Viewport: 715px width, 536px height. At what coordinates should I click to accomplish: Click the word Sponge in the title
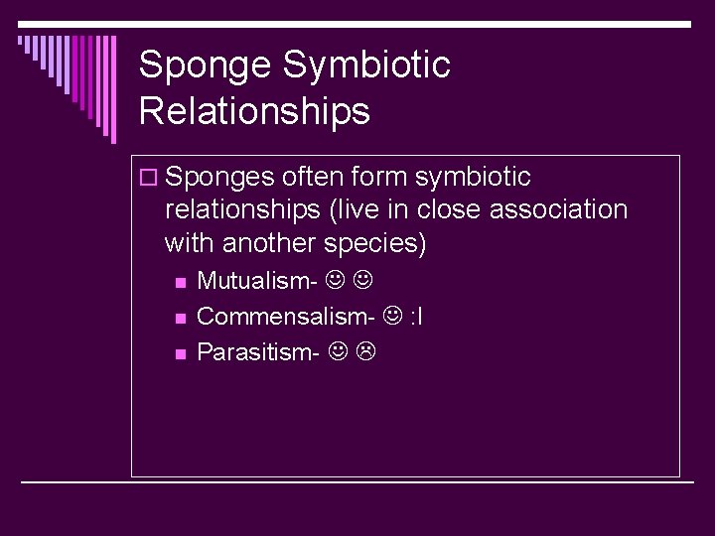[x=206, y=67]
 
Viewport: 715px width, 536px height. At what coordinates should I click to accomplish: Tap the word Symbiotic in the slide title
[x=366, y=67]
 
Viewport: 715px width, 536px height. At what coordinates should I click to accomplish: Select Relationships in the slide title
[x=254, y=111]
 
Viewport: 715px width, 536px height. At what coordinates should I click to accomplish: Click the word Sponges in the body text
[x=220, y=178]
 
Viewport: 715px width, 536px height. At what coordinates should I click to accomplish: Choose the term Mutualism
[x=257, y=281]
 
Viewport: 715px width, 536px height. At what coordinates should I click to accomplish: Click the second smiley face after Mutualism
[x=363, y=281]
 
